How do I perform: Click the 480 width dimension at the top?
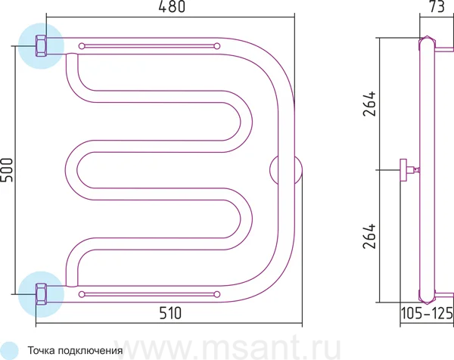172,7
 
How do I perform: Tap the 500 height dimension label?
7,170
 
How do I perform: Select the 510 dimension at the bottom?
170,313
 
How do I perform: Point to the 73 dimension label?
437,7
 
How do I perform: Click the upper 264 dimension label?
369,104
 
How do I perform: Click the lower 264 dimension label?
369,236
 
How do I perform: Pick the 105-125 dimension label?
427,313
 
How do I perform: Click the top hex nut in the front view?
41,45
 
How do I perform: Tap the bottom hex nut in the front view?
41,294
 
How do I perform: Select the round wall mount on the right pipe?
286,170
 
